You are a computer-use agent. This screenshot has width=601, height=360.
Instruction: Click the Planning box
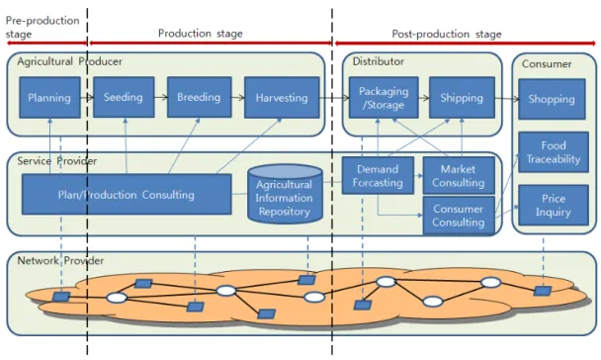point(49,97)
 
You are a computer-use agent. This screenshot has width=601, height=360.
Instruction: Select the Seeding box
point(124,97)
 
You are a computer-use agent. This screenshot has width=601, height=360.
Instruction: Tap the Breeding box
point(200,97)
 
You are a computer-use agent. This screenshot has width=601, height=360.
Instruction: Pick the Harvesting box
point(282,97)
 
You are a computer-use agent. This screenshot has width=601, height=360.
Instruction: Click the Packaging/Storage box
point(384,97)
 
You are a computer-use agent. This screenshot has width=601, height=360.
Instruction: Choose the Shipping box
point(462,97)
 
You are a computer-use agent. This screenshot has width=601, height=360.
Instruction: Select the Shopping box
point(552,99)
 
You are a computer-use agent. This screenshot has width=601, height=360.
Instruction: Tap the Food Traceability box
point(554,152)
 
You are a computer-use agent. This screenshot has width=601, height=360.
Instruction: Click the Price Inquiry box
point(554,205)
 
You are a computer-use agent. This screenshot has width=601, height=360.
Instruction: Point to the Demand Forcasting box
point(378,176)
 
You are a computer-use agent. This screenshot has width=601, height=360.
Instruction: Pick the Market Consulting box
point(459,176)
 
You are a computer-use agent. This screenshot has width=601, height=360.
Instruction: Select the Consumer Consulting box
point(459,216)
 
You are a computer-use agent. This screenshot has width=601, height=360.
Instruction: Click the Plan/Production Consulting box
point(127,195)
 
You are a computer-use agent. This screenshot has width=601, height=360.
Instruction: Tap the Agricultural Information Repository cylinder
point(285,194)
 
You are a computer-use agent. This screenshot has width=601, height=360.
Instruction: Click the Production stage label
point(201,34)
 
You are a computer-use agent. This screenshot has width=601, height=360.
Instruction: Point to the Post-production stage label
point(447,35)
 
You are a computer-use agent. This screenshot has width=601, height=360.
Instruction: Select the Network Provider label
point(60,261)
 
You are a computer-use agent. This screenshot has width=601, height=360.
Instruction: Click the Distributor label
point(379,61)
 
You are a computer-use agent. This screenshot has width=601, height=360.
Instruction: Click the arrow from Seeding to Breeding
point(161,97)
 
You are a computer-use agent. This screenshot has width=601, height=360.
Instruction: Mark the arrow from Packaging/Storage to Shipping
point(424,98)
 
